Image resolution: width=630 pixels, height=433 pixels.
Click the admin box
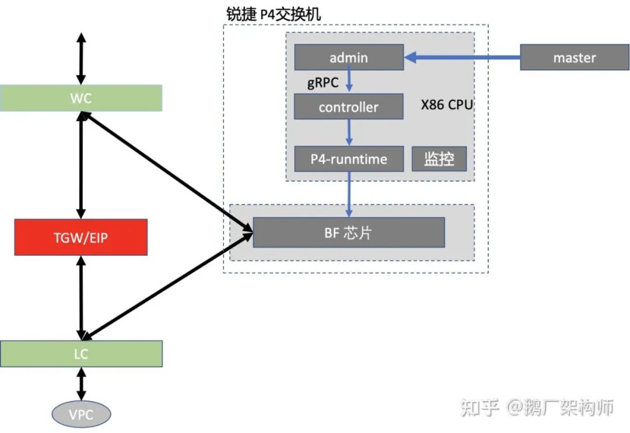(x=349, y=57)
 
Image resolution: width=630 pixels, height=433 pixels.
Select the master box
(x=575, y=57)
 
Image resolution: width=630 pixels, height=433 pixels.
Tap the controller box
(x=349, y=107)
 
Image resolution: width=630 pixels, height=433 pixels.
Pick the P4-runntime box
(x=349, y=159)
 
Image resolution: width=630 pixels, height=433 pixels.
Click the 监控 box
(x=439, y=159)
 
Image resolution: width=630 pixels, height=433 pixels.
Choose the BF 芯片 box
(x=349, y=233)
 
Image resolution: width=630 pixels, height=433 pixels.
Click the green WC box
(x=81, y=98)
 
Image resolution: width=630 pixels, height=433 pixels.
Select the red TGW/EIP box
(x=81, y=237)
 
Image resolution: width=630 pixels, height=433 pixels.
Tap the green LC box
(x=81, y=354)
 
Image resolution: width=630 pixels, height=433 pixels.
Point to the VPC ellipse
(x=81, y=414)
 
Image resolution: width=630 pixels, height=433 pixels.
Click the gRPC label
(x=323, y=83)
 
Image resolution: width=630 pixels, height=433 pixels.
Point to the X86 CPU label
(x=447, y=105)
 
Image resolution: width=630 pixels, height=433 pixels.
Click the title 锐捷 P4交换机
(x=274, y=14)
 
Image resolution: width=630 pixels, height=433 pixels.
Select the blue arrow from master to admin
(x=462, y=57)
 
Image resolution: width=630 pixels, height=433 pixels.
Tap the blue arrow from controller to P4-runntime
(x=349, y=132)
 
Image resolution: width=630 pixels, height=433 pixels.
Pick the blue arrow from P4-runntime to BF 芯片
(x=349, y=195)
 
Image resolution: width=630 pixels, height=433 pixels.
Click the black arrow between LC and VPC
(x=81, y=383)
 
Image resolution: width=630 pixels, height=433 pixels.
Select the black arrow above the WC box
(x=81, y=59)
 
